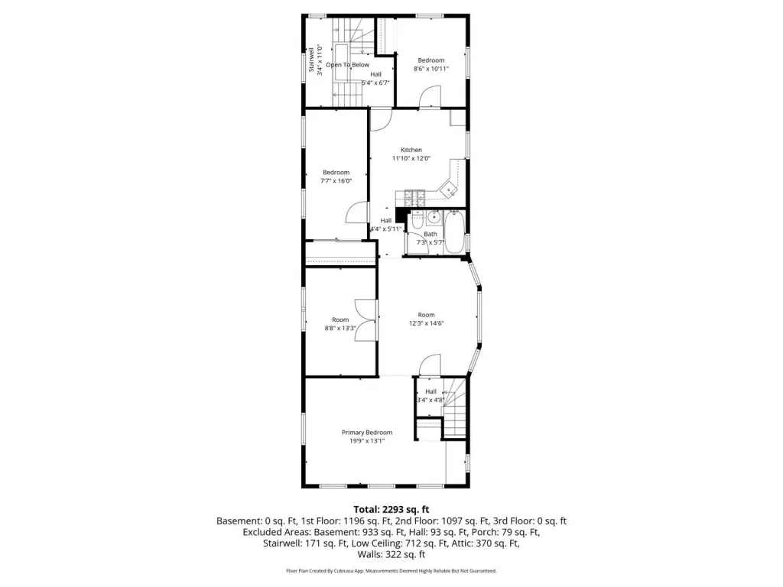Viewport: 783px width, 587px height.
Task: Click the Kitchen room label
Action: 411,150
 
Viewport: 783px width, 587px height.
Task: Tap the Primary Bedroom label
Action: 367,433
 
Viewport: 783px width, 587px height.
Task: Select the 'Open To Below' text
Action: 348,65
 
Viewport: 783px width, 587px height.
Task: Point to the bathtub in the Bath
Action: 454,232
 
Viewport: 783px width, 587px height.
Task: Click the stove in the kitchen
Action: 414,198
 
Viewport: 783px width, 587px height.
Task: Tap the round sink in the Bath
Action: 434,217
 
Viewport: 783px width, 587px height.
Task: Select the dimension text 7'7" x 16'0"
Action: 336,180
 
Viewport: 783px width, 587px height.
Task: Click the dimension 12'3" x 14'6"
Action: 426,323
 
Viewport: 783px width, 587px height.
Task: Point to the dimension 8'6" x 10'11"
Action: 431,68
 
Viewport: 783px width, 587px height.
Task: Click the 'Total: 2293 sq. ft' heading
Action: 391,510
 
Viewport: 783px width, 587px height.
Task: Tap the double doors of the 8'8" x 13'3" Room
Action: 366,320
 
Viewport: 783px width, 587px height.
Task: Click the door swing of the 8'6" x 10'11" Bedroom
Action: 430,96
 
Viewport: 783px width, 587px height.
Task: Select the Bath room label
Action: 430,234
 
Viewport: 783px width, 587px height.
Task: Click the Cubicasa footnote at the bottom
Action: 391,570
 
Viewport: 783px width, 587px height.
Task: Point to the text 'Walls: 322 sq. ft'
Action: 391,555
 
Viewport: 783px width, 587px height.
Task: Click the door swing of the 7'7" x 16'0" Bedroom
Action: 358,212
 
